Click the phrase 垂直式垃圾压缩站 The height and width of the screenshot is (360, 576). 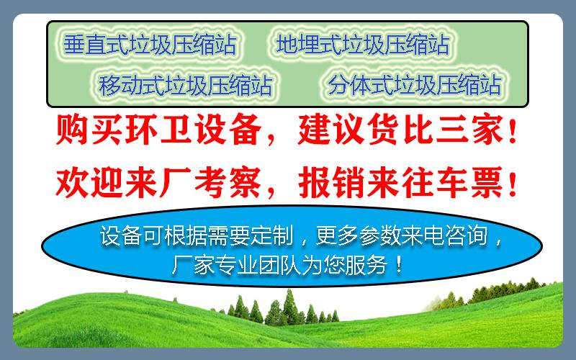[x=150, y=45]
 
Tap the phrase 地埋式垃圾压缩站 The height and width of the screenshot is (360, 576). [x=363, y=45]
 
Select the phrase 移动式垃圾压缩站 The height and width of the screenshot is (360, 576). [x=186, y=85]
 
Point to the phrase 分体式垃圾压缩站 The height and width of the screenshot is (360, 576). [x=415, y=85]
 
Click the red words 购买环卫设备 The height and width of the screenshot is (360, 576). [x=158, y=130]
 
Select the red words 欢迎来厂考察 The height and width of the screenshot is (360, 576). [x=158, y=183]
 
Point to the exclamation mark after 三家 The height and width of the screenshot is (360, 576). [x=513, y=130]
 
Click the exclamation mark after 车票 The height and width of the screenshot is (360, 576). [x=513, y=183]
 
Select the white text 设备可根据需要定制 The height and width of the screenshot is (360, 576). [x=197, y=235]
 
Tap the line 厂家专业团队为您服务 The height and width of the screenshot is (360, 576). [x=279, y=264]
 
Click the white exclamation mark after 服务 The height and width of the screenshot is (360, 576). [x=399, y=264]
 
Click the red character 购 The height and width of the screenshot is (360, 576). [x=71, y=130]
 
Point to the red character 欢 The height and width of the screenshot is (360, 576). [x=71, y=183]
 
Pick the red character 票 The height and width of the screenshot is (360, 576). [x=488, y=183]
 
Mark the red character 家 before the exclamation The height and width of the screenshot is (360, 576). [x=488, y=130]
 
